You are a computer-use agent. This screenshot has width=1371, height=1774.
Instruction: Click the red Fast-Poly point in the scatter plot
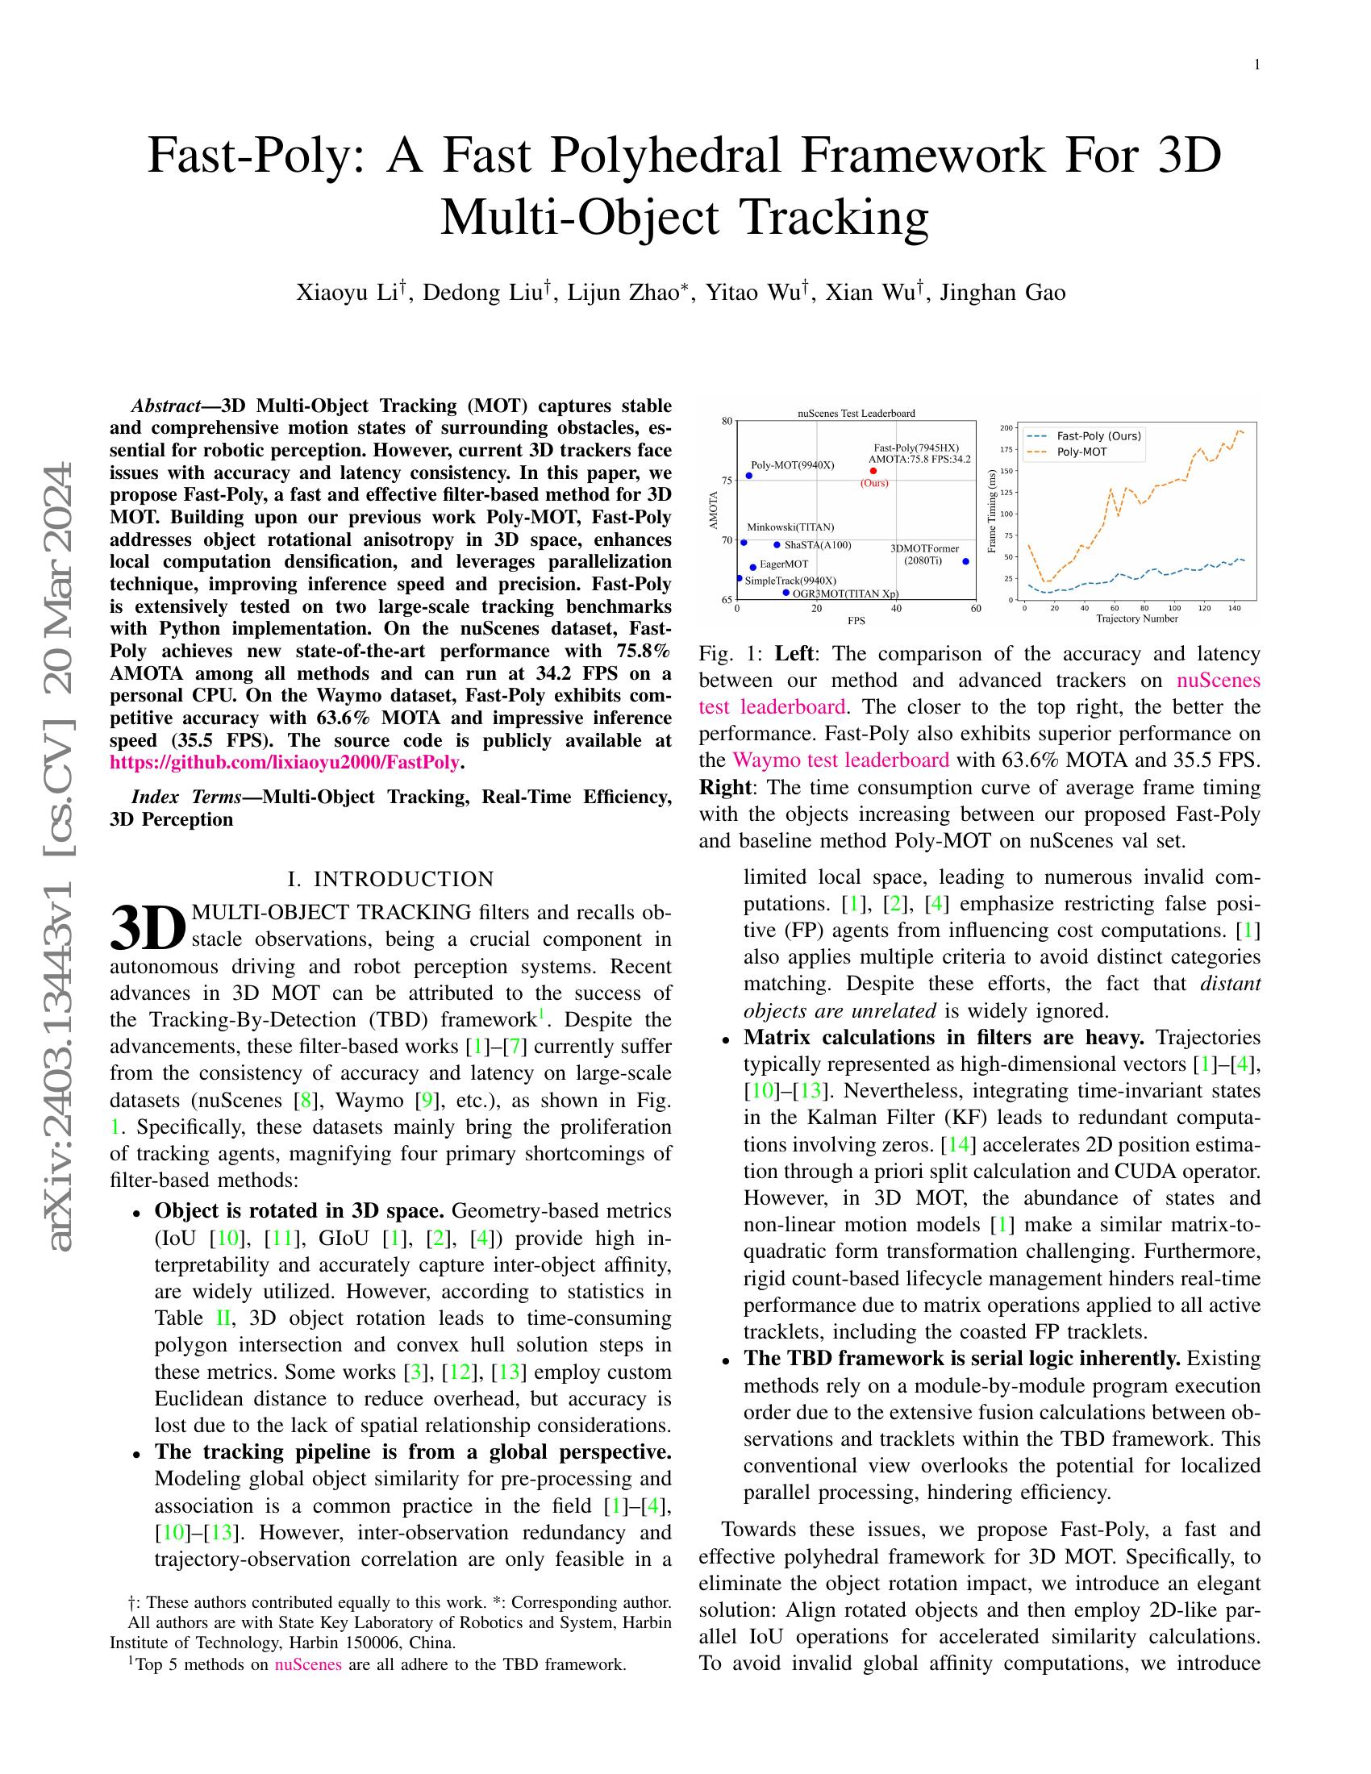point(873,470)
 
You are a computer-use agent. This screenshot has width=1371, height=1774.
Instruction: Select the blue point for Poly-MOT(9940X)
point(749,476)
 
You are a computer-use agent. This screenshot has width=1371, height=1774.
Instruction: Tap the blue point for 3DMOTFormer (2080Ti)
point(965,561)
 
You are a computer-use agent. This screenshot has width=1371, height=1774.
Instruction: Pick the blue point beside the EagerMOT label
point(753,567)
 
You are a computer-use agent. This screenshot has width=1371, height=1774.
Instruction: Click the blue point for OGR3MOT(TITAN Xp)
point(786,592)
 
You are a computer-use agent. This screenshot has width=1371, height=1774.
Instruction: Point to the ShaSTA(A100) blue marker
point(777,544)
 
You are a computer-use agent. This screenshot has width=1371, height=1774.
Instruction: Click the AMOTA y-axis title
point(714,511)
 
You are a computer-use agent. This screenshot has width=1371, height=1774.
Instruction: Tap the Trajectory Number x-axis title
point(1136,619)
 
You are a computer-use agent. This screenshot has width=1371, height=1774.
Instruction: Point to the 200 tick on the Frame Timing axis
point(1006,427)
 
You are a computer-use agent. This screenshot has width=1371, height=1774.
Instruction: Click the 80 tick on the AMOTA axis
point(727,421)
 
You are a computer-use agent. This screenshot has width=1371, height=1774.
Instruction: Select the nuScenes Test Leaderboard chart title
point(856,413)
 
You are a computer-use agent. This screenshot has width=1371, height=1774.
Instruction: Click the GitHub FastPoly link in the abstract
point(285,763)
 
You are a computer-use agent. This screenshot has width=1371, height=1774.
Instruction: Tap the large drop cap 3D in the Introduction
point(148,927)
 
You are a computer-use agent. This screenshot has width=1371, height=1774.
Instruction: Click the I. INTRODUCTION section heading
point(390,879)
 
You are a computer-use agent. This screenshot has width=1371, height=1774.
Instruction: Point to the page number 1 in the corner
point(1257,66)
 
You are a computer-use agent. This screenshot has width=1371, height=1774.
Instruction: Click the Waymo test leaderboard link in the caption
point(840,760)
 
